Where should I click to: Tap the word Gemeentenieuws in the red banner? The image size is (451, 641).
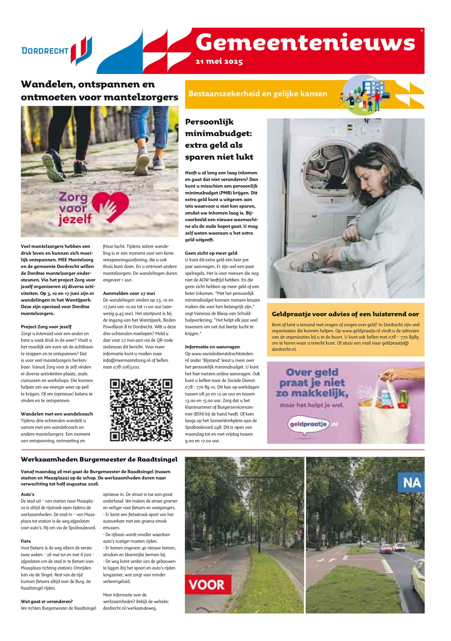coord(305,42)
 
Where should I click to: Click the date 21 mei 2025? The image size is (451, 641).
coord(219,61)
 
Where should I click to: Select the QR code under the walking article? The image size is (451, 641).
coord(141,410)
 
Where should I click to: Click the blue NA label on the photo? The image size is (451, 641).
coord(412,483)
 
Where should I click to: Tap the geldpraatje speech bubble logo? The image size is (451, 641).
coord(308,424)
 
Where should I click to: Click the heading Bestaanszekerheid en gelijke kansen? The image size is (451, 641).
coord(258,94)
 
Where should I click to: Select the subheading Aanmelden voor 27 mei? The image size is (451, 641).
coord(129,293)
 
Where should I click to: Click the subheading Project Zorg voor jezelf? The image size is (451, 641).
coord(46,327)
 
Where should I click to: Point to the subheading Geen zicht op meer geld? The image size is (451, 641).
coord(211,253)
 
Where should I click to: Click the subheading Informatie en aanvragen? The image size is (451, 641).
coord(212,347)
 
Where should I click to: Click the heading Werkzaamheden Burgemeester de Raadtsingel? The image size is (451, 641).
coord(99,459)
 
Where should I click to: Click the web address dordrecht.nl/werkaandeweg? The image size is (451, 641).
coord(129,608)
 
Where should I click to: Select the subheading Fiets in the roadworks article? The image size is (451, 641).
coord(26,541)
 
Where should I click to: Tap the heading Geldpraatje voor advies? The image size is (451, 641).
coord(345,314)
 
